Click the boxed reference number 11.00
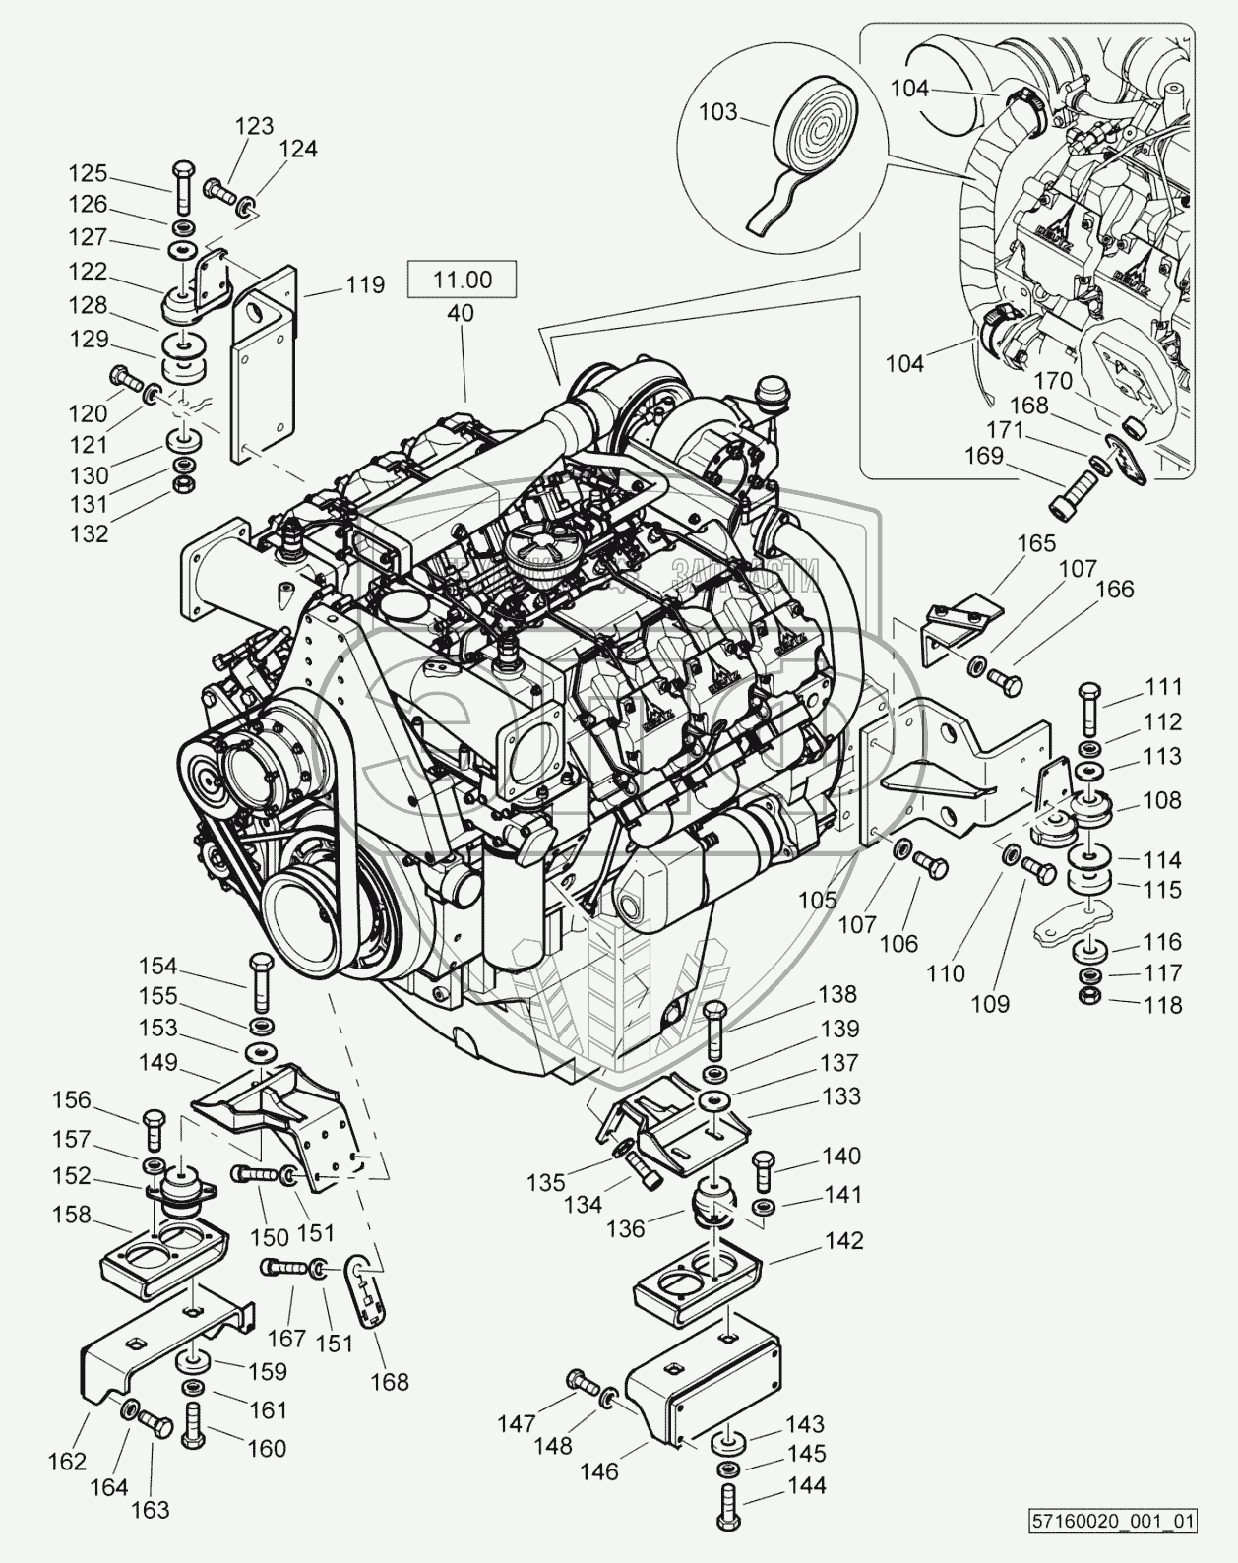(x=463, y=280)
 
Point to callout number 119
(x=365, y=285)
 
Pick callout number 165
(x=1035, y=542)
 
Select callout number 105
(x=817, y=899)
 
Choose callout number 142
(x=843, y=1240)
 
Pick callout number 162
(x=67, y=1461)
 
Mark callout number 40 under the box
(x=460, y=313)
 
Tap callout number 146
(x=598, y=1471)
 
